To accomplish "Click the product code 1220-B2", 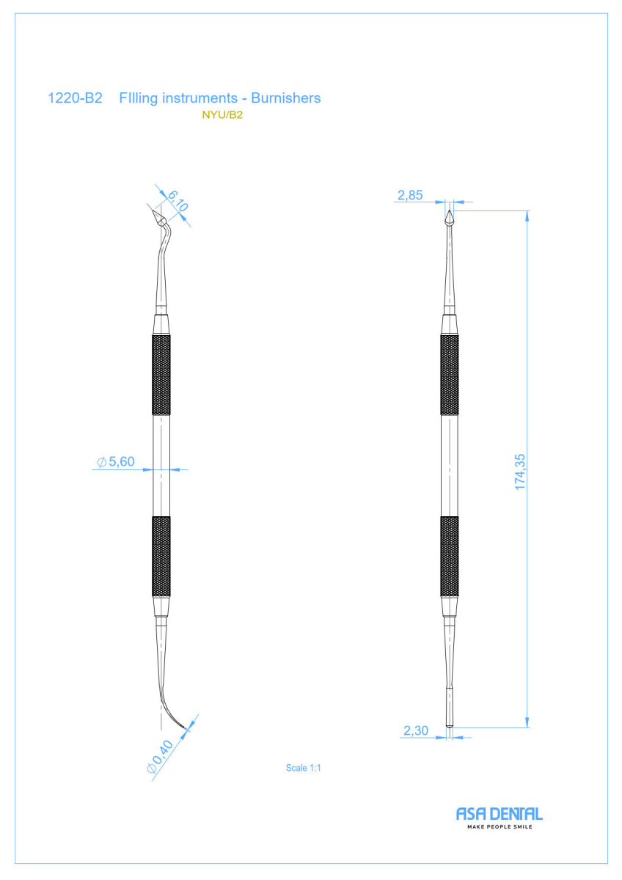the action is coord(75,98).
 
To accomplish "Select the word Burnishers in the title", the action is coord(285,98).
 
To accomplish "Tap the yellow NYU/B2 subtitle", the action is coord(222,114).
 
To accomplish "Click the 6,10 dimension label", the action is coord(178,200).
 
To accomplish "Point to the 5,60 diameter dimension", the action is coord(116,461).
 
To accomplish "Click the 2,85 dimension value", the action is coord(410,195).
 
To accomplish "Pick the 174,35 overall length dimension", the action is coord(520,472).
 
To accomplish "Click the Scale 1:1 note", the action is coord(303,768).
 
